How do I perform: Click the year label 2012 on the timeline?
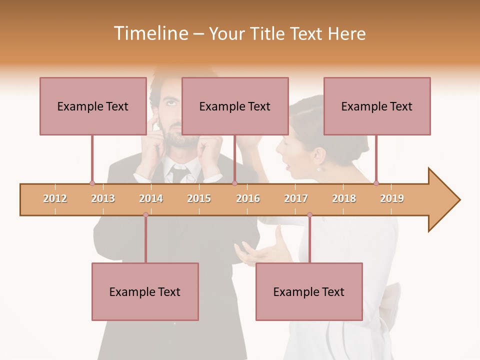(x=55, y=198)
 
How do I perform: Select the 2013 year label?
(x=103, y=198)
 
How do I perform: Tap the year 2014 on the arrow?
(x=151, y=198)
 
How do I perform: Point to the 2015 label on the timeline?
(x=199, y=198)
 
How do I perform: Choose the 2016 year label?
(x=248, y=198)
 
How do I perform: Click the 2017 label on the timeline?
(x=296, y=198)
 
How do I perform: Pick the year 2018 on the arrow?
(x=344, y=198)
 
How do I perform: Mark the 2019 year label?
(x=392, y=198)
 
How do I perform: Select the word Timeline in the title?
(x=150, y=33)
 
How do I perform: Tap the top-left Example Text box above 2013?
(x=93, y=106)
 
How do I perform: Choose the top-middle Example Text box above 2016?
(x=235, y=106)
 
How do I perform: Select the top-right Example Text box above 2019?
(x=377, y=106)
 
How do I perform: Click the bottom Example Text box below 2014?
(x=145, y=291)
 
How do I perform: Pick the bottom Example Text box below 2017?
(x=309, y=291)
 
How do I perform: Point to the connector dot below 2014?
(x=145, y=215)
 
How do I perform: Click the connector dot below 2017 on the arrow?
(x=309, y=215)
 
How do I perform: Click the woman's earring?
(x=318, y=169)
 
